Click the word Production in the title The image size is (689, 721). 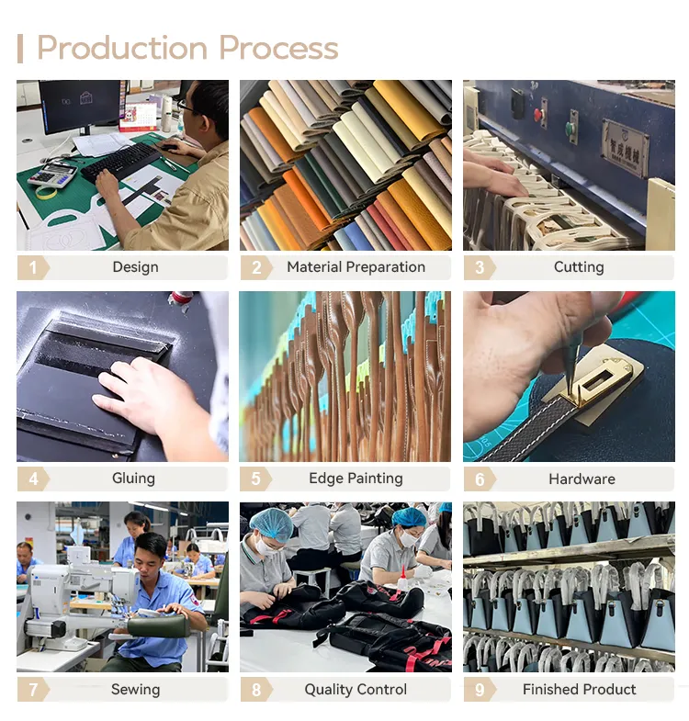pyautogui.click(x=122, y=49)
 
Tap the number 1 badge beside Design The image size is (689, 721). pyautogui.click(x=33, y=267)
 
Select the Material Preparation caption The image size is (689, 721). pyautogui.click(x=356, y=267)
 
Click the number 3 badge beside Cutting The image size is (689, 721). pyautogui.click(x=480, y=267)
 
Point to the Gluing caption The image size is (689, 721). pyautogui.click(x=133, y=479)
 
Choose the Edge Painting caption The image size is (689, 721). pyautogui.click(x=356, y=479)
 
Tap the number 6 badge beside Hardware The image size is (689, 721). pyautogui.click(x=480, y=479)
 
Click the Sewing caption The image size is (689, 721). pyautogui.click(x=136, y=690)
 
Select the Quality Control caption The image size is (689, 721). pyautogui.click(x=356, y=690)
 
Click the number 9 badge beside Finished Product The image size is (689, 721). pyautogui.click(x=480, y=690)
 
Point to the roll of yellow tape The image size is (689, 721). pyautogui.click(x=46, y=193)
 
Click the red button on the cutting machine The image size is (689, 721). pyautogui.click(x=537, y=115)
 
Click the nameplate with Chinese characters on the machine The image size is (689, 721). pyautogui.click(x=626, y=147)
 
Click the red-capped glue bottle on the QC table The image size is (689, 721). pyautogui.click(x=403, y=579)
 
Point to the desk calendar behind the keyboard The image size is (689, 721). pyautogui.click(x=138, y=117)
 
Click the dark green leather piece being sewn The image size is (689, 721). pyautogui.click(x=159, y=626)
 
